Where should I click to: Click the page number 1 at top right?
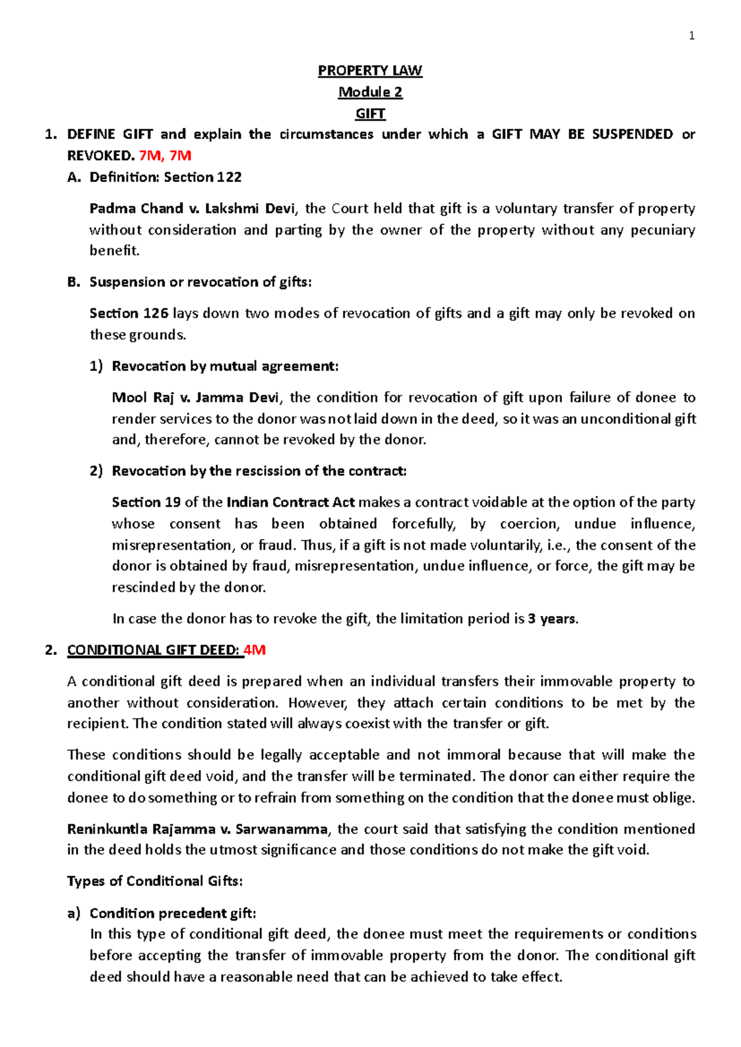click(x=692, y=36)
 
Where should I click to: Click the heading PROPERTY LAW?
click(x=370, y=70)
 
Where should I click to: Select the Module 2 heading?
click(x=370, y=92)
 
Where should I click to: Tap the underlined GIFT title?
click(x=370, y=114)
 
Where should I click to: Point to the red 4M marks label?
click(x=254, y=650)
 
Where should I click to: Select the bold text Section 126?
click(x=128, y=314)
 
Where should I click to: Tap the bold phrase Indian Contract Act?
click(x=290, y=503)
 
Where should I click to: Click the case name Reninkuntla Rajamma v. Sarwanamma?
click(x=198, y=829)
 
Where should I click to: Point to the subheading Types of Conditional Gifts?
click(x=154, y=881)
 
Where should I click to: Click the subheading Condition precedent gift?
click(x=172, y=913)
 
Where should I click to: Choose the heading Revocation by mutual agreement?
click(x=225, y=366)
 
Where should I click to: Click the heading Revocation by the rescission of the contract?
click(x=259, y=471)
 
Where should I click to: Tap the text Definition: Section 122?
click(x=165, y=177)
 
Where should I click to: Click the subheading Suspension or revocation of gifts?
click(x=200, y=282)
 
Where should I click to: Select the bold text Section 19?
click(x=146, y=503)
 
